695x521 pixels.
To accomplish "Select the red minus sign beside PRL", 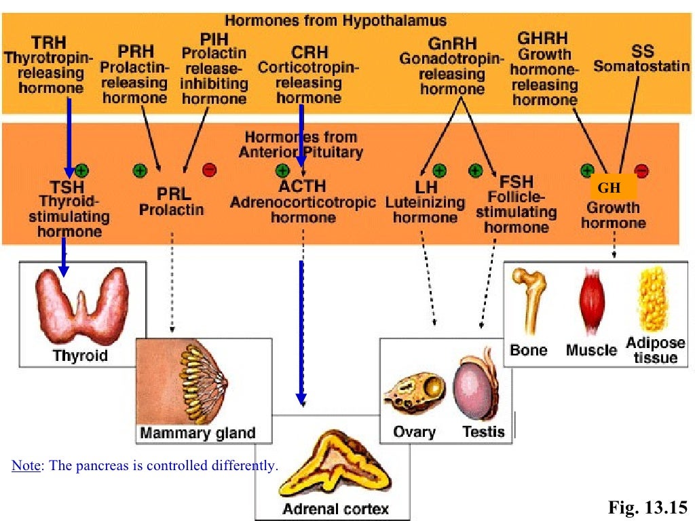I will click(x=209, y=170).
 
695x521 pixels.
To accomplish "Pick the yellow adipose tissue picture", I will click(x=654, y=299).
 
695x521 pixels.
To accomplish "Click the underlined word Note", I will click(x=26, y=466).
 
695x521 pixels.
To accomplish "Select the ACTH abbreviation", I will click(x=302, y=186).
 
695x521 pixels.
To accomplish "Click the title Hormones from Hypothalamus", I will click(x=335, y=20).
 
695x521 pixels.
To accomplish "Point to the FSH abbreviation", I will click(x=516, y=182).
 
